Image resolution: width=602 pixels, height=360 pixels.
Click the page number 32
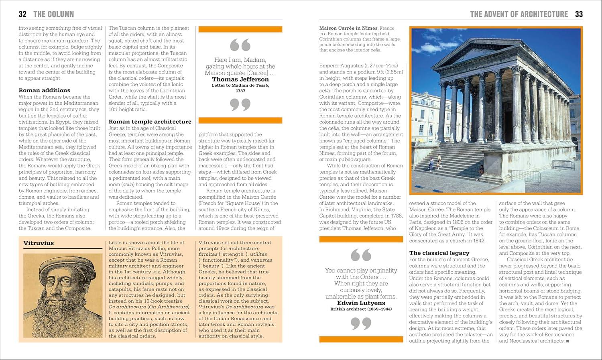click(22, 14)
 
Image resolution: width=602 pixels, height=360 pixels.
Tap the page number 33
click(578, 14)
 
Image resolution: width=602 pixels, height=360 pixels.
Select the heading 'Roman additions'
click(45, 90)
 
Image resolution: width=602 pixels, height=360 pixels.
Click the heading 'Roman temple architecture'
click(150, 122)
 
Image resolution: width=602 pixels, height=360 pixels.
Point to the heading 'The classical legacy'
click(439, 253)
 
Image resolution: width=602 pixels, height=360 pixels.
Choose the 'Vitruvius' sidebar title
click(39, 243)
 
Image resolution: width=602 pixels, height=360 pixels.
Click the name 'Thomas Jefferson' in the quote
click(240, 79)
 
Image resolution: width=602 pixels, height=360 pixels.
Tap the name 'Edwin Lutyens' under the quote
click(361, 303)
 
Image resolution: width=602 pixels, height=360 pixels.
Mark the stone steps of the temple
click(454, 161)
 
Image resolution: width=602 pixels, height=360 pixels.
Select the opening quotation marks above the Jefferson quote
click(240, 45)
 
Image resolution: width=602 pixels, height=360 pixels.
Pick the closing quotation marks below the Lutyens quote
click(361, 323)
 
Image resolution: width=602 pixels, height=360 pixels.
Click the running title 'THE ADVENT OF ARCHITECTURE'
click(519, 14)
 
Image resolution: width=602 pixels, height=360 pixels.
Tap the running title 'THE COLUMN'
click(54, 14)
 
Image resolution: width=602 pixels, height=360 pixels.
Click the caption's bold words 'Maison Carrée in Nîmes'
click(348, 28)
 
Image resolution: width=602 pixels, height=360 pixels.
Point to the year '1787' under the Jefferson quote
click(240, 91)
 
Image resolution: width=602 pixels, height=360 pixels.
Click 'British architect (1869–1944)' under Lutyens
click(361, 309)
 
